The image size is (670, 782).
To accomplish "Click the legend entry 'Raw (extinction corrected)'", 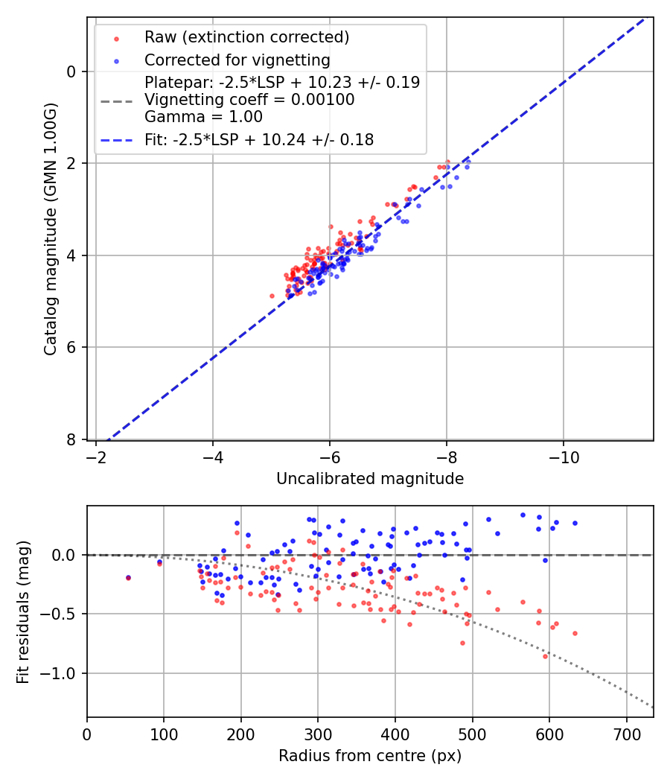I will (246, 37).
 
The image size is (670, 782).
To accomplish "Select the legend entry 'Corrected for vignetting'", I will (237, 60).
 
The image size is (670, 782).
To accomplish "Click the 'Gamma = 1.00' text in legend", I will (203, 116).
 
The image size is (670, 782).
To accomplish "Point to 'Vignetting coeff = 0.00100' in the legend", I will (249, 99).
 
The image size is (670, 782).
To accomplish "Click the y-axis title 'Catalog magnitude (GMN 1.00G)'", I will (50, 228).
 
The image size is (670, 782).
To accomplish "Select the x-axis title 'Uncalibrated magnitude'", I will (370, 479).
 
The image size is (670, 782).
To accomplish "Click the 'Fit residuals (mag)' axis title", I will (23, 611).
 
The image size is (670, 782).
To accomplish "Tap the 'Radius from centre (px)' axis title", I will (370, 756).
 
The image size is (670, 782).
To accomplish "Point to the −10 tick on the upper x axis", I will (563, 456).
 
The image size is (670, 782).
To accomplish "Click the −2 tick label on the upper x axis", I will (96, 456).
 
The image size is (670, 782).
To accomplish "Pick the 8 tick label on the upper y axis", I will (71, 439).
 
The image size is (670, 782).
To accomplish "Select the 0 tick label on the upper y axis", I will (71, 71).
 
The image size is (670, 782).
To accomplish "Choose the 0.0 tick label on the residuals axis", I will (66, 555).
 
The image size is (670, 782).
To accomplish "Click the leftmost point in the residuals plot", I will (128, 577).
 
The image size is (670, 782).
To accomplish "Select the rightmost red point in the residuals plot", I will (575, 633).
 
